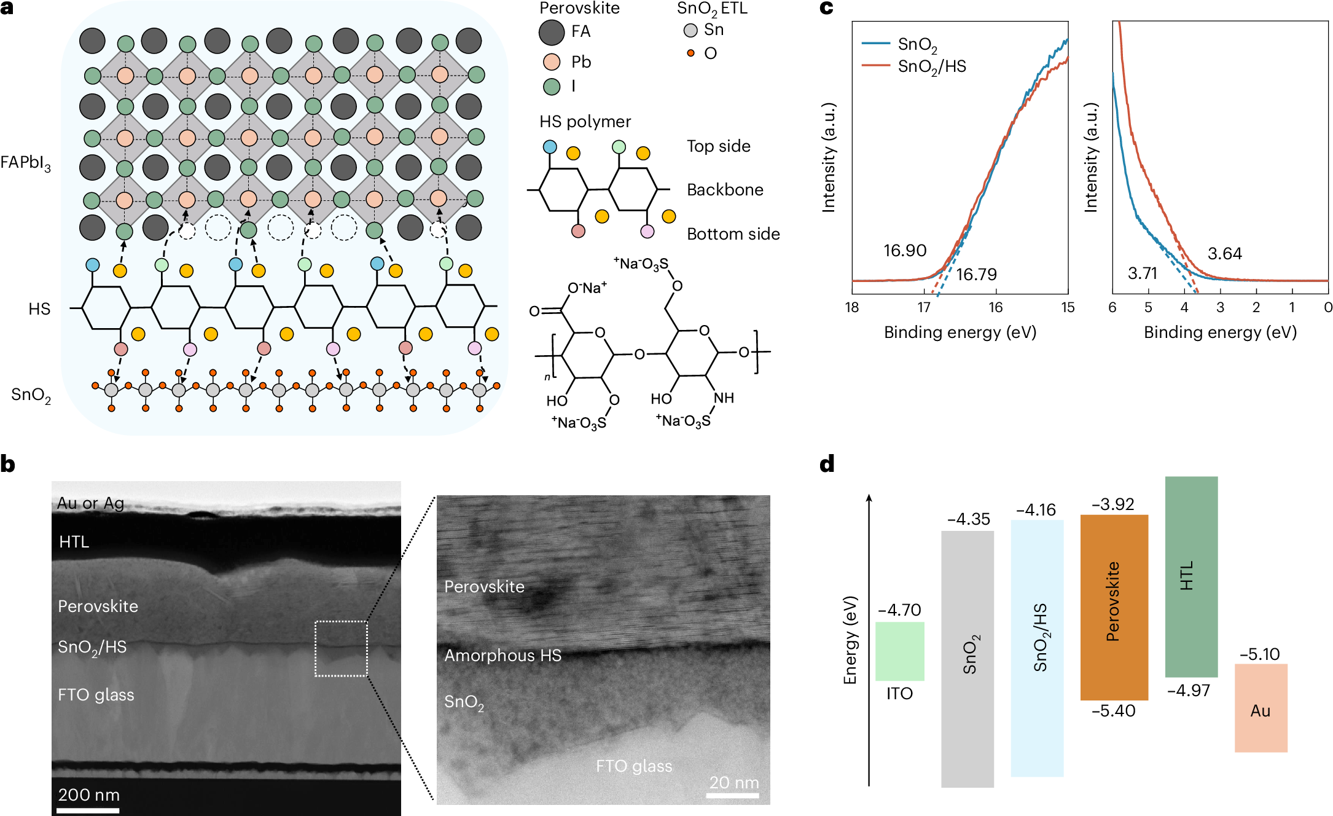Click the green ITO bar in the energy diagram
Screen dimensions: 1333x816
899,651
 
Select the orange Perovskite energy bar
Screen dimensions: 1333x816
1114,607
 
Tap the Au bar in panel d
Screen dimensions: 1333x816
1261,707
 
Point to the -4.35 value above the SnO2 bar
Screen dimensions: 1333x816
968,519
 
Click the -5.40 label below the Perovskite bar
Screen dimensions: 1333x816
1113,711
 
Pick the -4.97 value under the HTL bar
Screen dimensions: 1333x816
1188,691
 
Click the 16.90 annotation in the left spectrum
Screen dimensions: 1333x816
904,251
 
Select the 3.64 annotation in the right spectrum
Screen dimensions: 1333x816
1224,254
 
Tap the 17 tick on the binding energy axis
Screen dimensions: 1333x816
924,307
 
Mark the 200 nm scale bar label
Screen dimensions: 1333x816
88,794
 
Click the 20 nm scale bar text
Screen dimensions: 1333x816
733,782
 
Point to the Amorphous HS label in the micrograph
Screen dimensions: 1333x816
502,656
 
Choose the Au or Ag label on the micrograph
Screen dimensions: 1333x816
90,503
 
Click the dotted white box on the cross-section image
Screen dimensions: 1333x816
341,648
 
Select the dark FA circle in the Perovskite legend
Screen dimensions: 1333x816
551,33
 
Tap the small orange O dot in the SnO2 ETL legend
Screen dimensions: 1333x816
690,53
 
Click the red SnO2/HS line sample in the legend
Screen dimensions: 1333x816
875,65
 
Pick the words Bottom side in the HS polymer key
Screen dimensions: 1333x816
733,234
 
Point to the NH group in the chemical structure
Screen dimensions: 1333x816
723,398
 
